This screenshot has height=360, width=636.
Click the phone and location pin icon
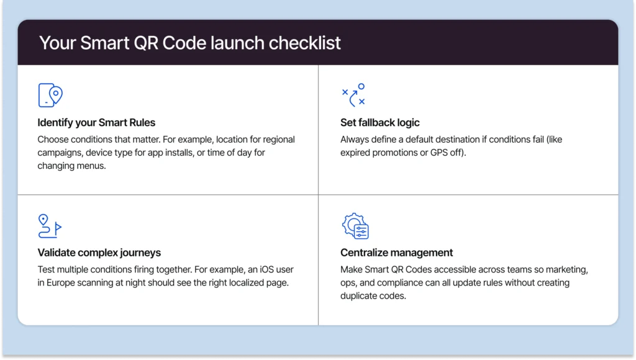pyautogui.click(x=50, y=95)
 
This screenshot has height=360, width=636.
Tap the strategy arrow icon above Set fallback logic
pyautogui.click(x=353, y=95)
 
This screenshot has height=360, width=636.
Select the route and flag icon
pyautogui.click(x=50, y=226)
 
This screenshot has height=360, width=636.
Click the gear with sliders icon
pyautogui.click(x=355, y=226)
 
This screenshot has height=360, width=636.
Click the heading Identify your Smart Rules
pyautogui.click(x=96, y=122)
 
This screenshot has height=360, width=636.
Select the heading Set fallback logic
pyautogui.click(x=380, y=122)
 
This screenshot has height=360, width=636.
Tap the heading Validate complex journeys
pyautogui.click(x=99, y=253)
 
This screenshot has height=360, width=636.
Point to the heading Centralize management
pyautogui.click(x=396, y=253)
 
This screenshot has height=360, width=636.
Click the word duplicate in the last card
pyautogui.click(x=360, y=296)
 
